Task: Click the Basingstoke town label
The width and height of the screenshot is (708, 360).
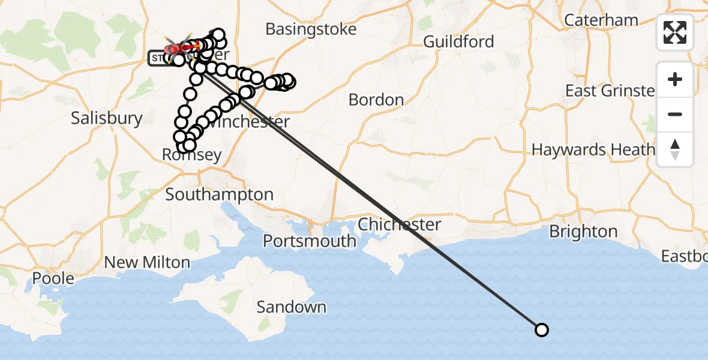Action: [311, 29]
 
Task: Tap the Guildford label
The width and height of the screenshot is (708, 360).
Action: [458, 42]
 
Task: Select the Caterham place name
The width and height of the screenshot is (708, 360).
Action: [601, 20]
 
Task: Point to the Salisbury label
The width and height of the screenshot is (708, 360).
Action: [107, 118]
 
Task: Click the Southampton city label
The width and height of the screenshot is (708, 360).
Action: [219, 194]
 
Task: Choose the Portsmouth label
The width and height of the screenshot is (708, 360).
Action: [310, 241]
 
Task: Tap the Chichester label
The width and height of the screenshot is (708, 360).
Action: [400, 225]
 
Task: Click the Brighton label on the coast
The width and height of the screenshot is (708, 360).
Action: [583, 232]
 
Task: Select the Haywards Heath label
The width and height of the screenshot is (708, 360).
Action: [593, 149]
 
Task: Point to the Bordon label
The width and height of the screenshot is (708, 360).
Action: [376, 100]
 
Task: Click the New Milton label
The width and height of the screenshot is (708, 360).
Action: [147, 262]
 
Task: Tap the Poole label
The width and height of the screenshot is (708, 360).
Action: [54, 278]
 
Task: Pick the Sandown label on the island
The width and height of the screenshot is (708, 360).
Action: [292, 307]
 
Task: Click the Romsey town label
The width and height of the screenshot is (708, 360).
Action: [192, 155]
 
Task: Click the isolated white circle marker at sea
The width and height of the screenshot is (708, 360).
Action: [542, 329]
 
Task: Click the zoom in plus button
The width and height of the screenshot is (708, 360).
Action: [675, 80]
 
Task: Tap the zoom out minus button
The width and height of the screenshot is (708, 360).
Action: [675, 115]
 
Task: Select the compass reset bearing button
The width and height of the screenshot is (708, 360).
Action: [675, 149]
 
